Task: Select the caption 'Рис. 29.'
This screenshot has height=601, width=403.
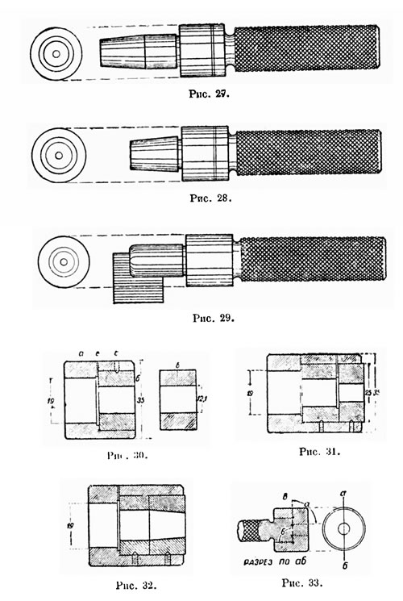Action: pos(214,317)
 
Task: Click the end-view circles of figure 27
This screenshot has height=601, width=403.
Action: pos(56,54)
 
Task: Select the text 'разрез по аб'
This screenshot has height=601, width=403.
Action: pos(276,558)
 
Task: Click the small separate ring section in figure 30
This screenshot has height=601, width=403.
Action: pos(177,400)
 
